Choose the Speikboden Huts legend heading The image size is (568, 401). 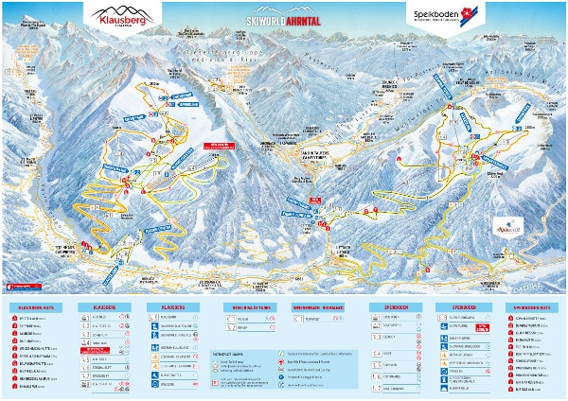(x=531, y=307)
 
